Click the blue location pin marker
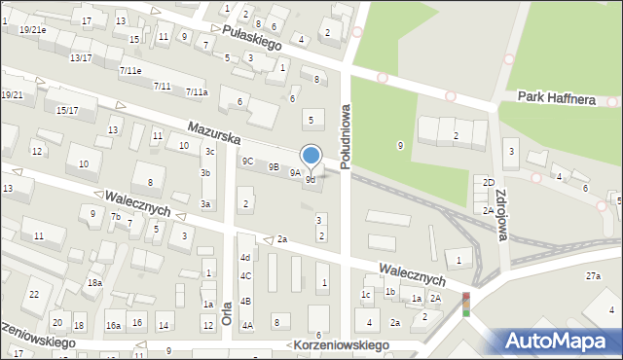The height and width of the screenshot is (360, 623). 311,155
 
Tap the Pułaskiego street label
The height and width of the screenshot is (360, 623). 251,38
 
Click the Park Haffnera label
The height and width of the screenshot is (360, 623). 556,97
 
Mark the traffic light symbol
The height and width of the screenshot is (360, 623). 465,304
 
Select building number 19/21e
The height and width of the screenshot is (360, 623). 32,30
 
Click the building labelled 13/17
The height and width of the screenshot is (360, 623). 81,58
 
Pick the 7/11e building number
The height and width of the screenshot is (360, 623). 130,71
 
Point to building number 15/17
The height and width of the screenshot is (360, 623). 67,111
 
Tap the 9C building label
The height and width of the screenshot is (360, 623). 248,162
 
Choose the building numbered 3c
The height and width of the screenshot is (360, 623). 209,151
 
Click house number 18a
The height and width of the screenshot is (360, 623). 94,282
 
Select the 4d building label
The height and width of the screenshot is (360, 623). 246,257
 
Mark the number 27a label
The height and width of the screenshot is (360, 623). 593,276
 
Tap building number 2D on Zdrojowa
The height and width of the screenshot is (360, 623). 489,183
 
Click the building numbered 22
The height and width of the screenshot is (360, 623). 33,294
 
